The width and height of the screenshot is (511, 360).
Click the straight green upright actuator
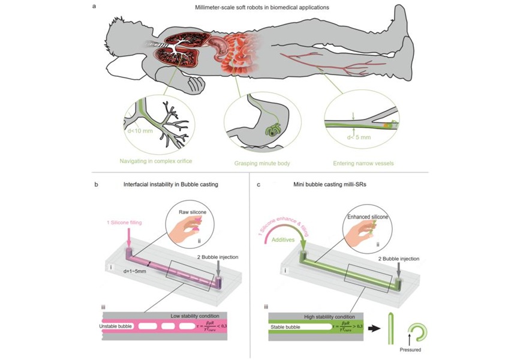[x=390, y=328]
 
